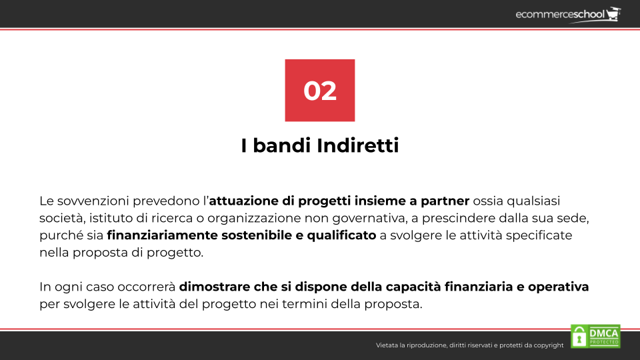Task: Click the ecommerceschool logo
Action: [568, 15]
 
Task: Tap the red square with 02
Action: [319, 90]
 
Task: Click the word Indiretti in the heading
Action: [357, 145]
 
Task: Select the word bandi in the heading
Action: [282, 145]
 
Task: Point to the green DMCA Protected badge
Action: [595, 336]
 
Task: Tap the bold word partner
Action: [445, 201]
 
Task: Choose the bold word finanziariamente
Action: [162, 235]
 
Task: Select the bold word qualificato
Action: [341, 235]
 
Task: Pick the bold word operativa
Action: [558, 287]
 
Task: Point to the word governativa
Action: [369, 219]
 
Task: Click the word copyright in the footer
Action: [548, 345]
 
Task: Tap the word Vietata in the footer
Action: [387, 345]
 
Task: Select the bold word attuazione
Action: [244, 201]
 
